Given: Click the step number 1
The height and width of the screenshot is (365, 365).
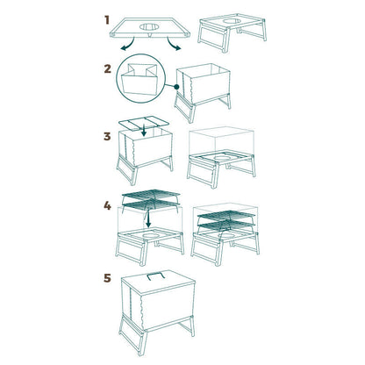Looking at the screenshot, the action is [107, 20].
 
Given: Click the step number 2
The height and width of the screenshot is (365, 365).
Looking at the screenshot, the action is [108, 69].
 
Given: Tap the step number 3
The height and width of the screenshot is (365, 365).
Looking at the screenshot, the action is [107, 136].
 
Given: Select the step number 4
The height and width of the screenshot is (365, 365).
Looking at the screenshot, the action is [107, 206].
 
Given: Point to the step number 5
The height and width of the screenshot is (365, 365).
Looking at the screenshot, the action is [108, 278].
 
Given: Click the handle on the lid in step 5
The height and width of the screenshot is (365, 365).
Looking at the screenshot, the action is [156, 275].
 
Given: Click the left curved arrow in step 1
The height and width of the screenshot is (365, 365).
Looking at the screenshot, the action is [128, 45].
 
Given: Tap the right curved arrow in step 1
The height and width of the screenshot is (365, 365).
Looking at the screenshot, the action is [174, 45].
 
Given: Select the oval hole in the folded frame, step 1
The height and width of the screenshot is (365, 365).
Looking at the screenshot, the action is [149, 27].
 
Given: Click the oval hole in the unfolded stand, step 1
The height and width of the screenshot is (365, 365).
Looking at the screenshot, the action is [233, 21].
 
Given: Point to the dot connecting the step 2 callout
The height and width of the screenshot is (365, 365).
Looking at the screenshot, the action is [176, 87].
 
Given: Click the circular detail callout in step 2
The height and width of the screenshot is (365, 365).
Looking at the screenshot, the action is [140, 78].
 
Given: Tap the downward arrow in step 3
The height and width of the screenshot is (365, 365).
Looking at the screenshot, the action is [143, 130].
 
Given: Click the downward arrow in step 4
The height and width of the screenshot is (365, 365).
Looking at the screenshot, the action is [148, 218].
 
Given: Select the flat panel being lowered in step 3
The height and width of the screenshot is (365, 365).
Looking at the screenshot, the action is [144, 123].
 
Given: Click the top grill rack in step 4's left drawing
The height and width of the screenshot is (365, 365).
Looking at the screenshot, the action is [151, 194].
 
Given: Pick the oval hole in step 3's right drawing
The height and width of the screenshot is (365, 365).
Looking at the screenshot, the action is [222, 158].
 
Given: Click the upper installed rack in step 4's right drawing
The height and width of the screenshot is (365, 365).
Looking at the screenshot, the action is [226, 216].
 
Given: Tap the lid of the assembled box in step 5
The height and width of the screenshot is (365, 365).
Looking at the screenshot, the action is [158, 281].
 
